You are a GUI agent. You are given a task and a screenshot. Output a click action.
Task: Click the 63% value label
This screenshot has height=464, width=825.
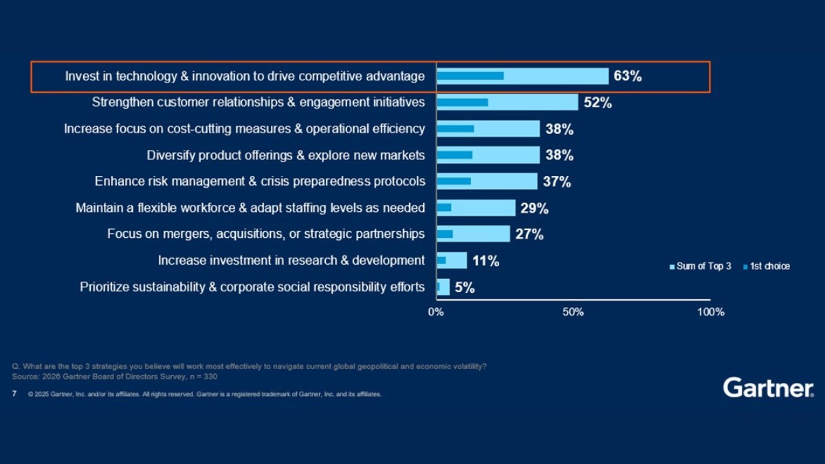click(x=628, y=76)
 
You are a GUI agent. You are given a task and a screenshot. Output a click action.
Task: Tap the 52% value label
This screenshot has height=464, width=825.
click(x=597, y=103)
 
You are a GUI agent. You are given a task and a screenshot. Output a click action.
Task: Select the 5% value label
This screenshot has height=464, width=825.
click(x=465, y=287)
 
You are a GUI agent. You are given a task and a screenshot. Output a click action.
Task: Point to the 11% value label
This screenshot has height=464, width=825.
click(x=485, y=261)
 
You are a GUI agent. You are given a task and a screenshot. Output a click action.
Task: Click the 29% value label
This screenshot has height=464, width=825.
click(x=534, y=208)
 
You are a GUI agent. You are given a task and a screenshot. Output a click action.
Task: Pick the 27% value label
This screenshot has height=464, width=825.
click(x=529, y=234)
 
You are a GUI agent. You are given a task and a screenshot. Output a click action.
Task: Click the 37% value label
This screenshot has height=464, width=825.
click(x=556, y=182)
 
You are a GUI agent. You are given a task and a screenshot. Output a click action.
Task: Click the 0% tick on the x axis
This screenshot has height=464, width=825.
click(x=436, y=312)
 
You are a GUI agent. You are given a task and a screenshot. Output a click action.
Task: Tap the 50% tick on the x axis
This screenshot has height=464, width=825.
click(x=573, y=312)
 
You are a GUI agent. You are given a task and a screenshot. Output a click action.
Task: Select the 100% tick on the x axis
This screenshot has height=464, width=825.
click(x=710, y=312)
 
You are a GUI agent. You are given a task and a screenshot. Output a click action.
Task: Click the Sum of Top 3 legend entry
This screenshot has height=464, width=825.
click(x=700, y=266)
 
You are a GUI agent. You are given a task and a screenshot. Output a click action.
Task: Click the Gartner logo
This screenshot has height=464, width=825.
click(x=767, y=388)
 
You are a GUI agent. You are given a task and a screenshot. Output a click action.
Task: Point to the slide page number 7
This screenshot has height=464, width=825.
click(x=14, y=395)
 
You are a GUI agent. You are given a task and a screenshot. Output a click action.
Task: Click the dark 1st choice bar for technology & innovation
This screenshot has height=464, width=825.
click(x=470, y=76)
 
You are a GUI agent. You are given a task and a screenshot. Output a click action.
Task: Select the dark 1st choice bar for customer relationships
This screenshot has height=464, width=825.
click(x=463, y=102)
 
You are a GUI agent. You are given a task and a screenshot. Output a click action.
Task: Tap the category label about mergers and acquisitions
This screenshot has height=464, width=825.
click(x=265, y=234)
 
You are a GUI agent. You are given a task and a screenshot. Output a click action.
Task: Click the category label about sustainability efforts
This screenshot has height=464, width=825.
click(x=252, y=287)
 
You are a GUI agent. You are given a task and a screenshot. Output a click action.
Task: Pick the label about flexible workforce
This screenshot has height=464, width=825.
click(x=250, y=208)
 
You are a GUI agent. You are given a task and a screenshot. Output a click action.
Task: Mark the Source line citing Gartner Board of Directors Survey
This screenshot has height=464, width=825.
click(x=115, y=377)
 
